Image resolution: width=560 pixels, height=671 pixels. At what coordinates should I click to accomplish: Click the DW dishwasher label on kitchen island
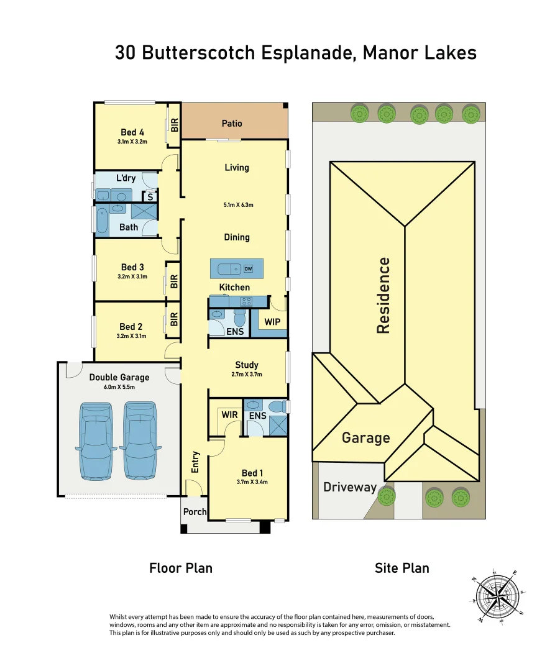[248, 269]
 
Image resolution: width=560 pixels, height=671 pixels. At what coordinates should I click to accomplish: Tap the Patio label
[232, 124]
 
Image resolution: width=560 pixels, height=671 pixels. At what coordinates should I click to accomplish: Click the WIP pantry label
[272, 322]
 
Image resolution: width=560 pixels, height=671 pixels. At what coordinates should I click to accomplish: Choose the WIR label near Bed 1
[229, 415]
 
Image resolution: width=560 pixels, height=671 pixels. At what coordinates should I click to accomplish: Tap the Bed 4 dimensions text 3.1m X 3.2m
[132, 142]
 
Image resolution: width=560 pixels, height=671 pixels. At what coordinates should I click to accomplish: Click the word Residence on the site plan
[384, 296]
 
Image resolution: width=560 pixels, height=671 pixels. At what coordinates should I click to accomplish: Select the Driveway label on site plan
[350, 487]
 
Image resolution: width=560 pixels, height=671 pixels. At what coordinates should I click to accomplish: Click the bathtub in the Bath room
[102, 221]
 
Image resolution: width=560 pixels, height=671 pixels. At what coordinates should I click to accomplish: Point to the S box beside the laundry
[149, 197]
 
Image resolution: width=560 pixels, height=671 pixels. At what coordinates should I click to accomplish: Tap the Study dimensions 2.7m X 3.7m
[247, 375]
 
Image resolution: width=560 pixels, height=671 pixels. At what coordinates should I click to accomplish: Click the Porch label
[195, 512]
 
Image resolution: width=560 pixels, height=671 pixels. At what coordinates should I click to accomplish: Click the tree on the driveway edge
[387, 496]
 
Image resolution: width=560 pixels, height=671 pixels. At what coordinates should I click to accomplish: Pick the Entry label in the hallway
[195, 462]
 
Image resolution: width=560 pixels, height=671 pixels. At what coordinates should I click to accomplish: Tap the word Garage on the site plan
[365, 438]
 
